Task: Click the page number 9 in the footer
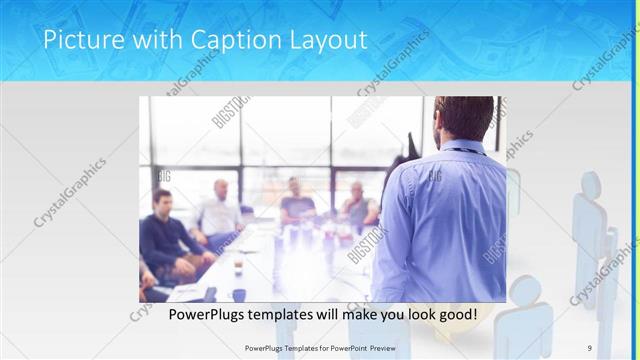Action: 590,347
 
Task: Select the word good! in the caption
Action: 455,315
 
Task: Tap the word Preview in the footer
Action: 386,347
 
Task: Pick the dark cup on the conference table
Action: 238,268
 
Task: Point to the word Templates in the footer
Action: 290,347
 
